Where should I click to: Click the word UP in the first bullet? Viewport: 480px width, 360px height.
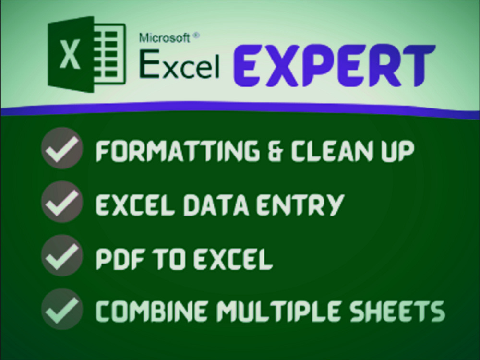(x=396, y=151)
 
